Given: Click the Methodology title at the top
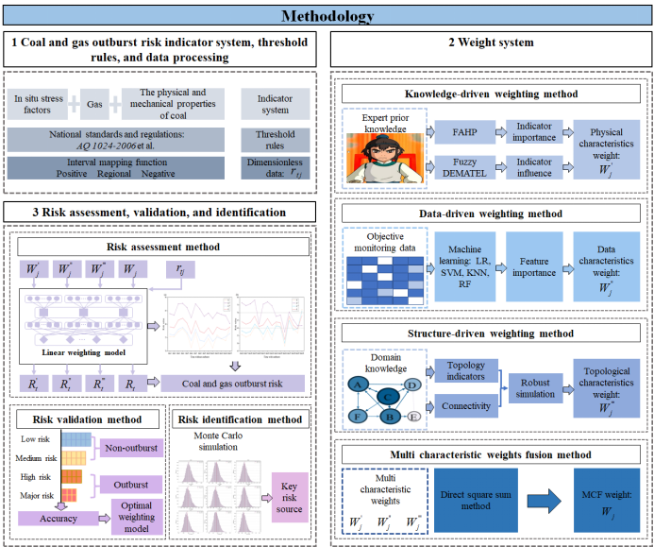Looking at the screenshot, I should [327, 15].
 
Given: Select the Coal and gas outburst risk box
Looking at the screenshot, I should [235, 383].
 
